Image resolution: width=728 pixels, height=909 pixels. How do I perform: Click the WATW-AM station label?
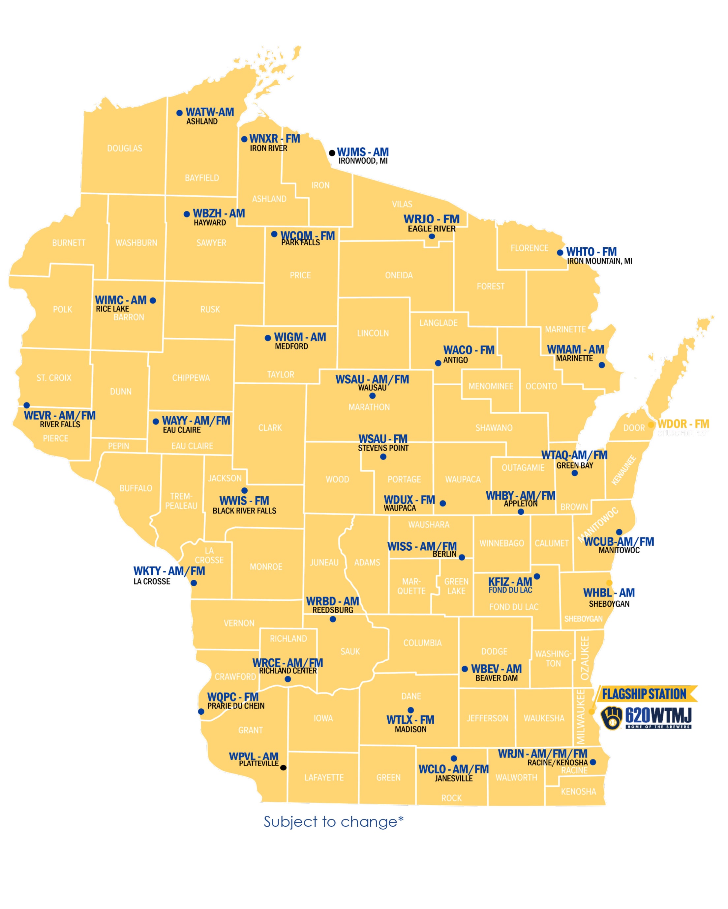point(209,112)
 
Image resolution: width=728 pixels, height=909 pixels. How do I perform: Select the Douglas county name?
point(125,148)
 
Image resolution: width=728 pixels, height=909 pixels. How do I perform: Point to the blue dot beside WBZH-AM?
point(187,214)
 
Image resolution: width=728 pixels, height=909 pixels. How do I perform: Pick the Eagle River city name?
point(431,229)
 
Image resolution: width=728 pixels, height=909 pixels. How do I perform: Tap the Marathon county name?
point(369,407)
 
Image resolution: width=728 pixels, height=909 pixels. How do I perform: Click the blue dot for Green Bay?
point(574,473)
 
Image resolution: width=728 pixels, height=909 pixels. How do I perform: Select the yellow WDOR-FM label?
point(683,424)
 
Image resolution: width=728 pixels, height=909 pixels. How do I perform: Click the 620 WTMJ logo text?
point(658,715)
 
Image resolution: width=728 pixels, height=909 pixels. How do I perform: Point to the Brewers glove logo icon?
point(612,717)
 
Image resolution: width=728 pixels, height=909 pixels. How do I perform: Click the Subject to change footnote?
point(333,822)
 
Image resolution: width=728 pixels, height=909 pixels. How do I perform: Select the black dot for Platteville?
point(283,767)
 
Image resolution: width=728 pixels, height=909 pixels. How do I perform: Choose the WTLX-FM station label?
point(410,720)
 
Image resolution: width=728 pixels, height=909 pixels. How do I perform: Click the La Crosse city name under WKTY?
point(152,581)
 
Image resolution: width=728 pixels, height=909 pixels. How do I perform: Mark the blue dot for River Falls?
point(27,405)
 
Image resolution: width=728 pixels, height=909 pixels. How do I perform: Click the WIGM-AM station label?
point(300,337)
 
